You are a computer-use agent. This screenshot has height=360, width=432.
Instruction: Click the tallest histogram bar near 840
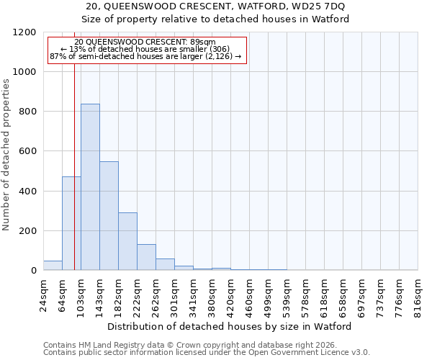(90, 187)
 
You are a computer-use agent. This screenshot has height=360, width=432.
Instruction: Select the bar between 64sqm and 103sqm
(71, 223)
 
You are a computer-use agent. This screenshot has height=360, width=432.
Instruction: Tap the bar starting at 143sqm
(109, 216)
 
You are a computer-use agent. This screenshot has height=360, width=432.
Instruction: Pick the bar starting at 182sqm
(127, 241)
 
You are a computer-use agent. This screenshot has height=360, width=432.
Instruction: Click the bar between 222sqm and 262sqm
(146, 257)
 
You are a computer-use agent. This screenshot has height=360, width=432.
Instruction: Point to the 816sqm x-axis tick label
(418, 294)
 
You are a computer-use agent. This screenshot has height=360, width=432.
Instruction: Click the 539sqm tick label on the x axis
(287, 294)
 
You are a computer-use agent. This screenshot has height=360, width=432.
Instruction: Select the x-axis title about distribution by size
(230, 326)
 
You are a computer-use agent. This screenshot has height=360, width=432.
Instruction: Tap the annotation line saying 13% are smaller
(146, 49)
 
